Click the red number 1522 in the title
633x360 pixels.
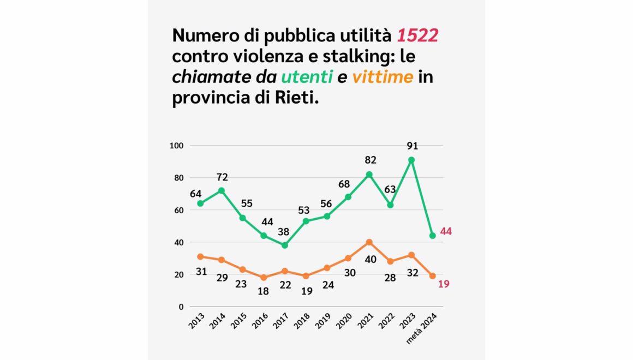coord(417,36)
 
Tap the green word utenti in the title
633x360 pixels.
coord(306,77)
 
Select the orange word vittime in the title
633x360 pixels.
coord(382,77)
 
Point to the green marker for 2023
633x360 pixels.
coord(411,160)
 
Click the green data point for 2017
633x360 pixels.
coord(284,245)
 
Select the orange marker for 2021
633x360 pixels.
coord(369,242)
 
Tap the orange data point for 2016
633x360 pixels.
coord(264,278)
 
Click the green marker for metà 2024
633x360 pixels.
coord(432,236)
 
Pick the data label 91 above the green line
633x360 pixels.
coord(411,146)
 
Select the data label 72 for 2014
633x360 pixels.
coord(222,177)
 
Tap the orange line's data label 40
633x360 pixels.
coord(371,260)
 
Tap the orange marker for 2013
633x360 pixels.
coord(200,256)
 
